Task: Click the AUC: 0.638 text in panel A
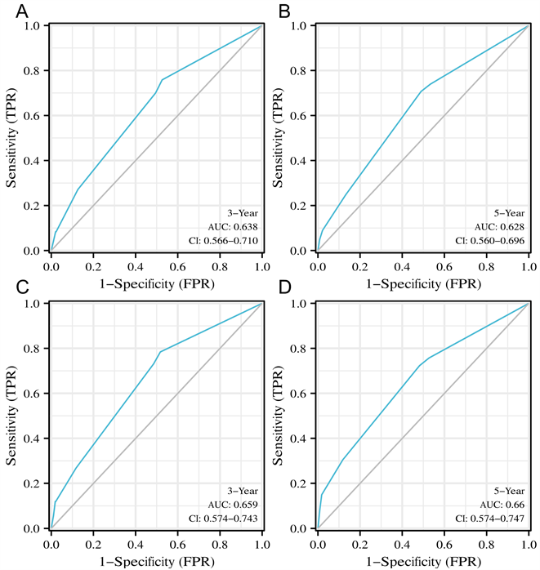(233, 226)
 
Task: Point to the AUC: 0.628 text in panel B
(500, 226)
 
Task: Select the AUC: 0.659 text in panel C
(233, 504)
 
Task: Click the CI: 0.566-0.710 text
(222, 240)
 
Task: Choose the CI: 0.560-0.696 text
(489, 240)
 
